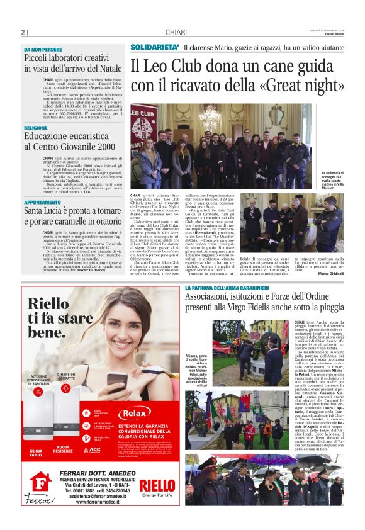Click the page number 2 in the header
click(23, 33)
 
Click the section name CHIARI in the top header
click(176, 33)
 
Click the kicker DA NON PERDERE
click(43, 49)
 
